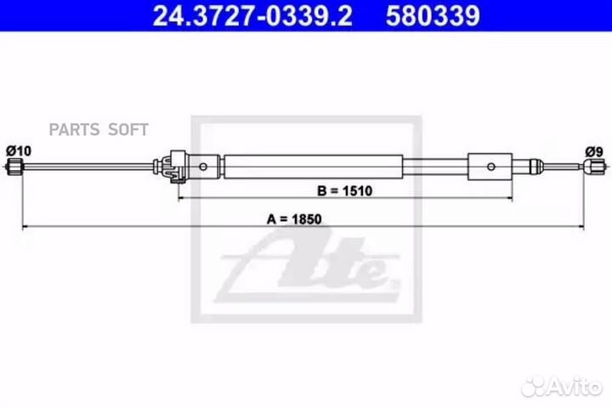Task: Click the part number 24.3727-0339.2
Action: tap(252, 15)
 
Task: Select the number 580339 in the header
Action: tap(434, 15)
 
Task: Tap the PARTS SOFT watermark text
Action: tap(99, 129)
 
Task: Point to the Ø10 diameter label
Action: tap(19, 150)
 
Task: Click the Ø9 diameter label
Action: tap(593, 152)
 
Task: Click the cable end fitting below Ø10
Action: tap(14, 168)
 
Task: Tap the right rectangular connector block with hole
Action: tap(490, 166)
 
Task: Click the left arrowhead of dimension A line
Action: tap(25, 227)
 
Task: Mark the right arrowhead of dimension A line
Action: tap(584, 227)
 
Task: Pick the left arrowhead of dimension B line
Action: tap(181, 199)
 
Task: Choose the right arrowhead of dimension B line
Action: tap(513, 199)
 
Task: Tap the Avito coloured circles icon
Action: tap(534, 386)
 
